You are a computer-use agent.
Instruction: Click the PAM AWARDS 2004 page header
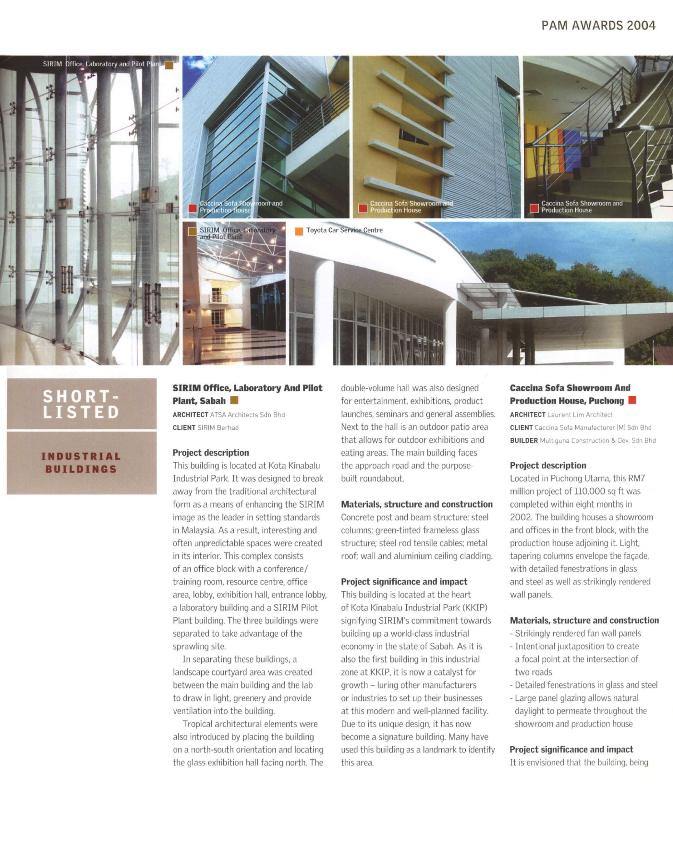coord(598,26)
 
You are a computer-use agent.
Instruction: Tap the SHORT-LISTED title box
coord(81,404)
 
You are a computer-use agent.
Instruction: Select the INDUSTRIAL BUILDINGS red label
coord(81,463)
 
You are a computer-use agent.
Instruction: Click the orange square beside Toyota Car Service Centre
coord(299,231)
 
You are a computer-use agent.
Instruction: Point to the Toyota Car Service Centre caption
coord(344,230)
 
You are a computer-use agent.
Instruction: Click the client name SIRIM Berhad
coord(218,428)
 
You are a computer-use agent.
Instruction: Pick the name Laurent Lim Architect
coord(580,415)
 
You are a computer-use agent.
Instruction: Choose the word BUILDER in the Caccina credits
coord(524,440)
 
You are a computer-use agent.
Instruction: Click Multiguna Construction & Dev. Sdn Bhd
coord(598,440)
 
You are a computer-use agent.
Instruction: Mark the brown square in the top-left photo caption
coord(169,65)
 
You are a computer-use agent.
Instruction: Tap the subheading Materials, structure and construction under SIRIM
coord(417,504)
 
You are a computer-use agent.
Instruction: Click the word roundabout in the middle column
coord(372,478)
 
